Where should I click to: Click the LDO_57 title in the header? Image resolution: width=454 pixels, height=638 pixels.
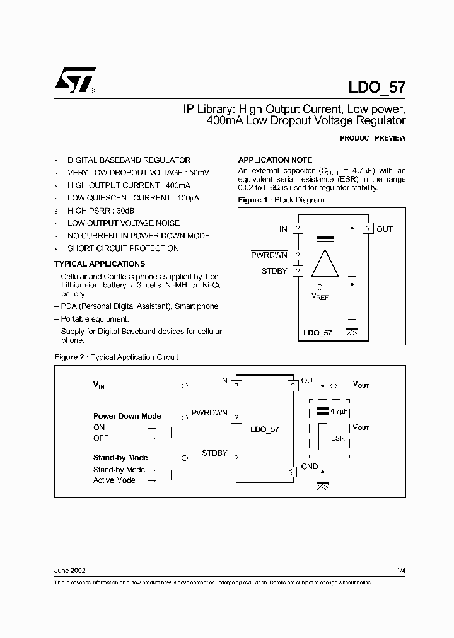point(376,87)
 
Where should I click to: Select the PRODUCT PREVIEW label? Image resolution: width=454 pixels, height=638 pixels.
point(373,138)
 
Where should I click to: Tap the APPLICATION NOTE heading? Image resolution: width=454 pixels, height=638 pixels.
point(274,160)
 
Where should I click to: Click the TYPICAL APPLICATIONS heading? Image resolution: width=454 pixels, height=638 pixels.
point(100,264)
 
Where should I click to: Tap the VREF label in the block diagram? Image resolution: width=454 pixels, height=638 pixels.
point(320,296)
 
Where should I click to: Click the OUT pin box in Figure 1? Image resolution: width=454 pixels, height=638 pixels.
point(368,229)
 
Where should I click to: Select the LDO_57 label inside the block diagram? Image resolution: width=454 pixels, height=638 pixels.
point(317,333)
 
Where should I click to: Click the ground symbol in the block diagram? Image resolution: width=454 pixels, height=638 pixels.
point(352,328)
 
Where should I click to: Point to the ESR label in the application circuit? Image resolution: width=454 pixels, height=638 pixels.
point(338,438)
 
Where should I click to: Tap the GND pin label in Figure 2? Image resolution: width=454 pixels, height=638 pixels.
point(310,467)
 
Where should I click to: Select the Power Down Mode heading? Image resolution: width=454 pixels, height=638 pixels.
point(127,416)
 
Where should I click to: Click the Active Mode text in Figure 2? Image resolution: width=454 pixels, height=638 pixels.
point(114,480)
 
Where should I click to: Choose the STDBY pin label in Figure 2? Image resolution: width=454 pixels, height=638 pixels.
point(214,453)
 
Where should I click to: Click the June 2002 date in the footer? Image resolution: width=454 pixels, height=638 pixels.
point(70,571)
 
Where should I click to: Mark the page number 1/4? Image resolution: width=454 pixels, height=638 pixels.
point(401,571)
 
